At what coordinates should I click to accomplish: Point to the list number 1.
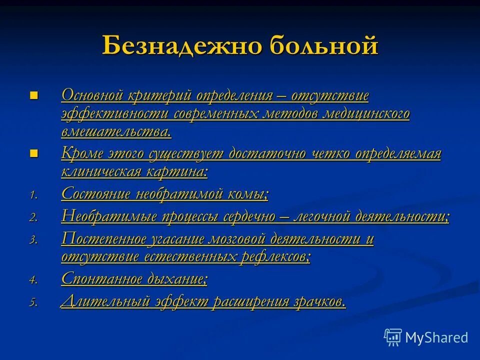click(33, 195)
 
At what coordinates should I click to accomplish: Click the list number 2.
click(33, 217)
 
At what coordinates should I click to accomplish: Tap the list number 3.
click(33, 240)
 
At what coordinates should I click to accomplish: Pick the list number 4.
click(33, 280)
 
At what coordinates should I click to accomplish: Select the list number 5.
click(33, 302)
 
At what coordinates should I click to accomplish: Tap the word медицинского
click(366, 113)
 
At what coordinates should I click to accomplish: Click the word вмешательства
click(115, 132)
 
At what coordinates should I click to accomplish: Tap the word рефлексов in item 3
click(272, 257)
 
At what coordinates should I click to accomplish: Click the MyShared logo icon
click(393, 337)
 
